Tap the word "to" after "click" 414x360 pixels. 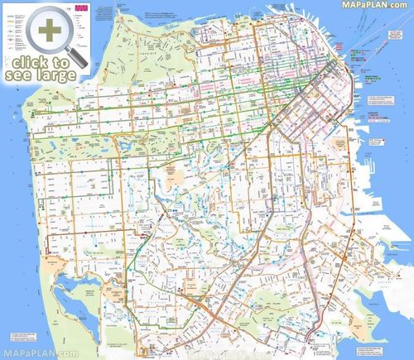click(60, 61)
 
